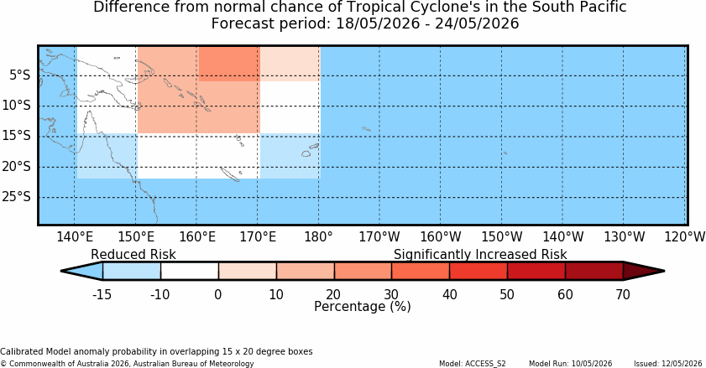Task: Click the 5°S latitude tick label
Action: pyautogui.click(x=20, y=75)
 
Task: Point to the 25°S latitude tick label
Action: pyautogui.click(x=17, y=197)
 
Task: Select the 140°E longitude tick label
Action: pyautogui.click(x=75, y=236)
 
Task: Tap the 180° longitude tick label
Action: pyautogui.click(x=319, y=236)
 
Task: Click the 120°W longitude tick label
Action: pyautogui.click(x=685, y=236)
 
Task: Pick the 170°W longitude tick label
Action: pyautogui.click(x=379, y=236)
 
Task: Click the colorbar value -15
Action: pyautogui.click(x=102, y=295)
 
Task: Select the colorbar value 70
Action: pyautogui.click(x=623, y=295)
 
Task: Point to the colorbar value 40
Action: pyautogui.click(x=449, y=295)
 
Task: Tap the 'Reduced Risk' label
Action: pyautogui.click(x=133, y=255)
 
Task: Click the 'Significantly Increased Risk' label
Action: pyautogui.click(x=480, y=255)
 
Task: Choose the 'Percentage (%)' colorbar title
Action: pyautogui.click(x=363, y=306)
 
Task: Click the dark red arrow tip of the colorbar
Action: pyautogui.click(x=664, y=272)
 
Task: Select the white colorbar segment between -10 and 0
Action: pyautogui.click(x=190, y=272)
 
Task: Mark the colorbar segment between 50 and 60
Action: pyautogui.click(x=536, y=272)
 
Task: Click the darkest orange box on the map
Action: pyautogui.click(x=229, y=64)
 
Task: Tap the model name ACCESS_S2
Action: pyautogui.click(x=485, y=364)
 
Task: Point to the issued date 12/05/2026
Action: pyautogui.click(x=682, y=364)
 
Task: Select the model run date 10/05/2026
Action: pyautogui.click(x=592, y=364)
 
